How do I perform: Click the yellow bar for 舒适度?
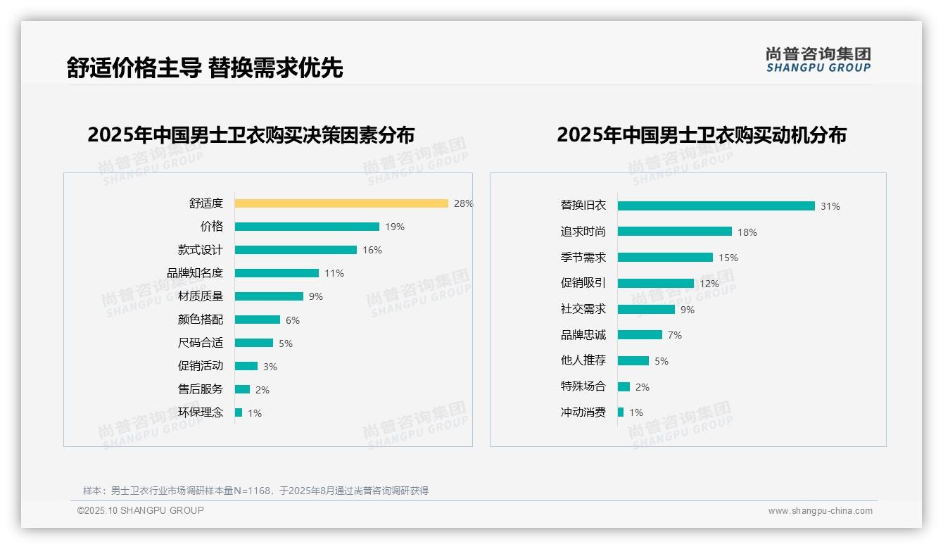(x=341, y=203)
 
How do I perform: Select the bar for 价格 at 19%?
(x=307, y=227)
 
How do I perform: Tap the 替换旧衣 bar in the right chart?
(x=716, y=206)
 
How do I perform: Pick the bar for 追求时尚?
(x=675, y=232)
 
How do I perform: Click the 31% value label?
(x=830, y=206)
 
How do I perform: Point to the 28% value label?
(x=463, y=203)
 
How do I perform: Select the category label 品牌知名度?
(x=195, y=273)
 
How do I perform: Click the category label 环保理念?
(x=201, y=412)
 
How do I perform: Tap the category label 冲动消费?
(x=583, y=412)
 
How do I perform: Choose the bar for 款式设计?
(x=296, y=250)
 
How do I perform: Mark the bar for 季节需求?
(x=665, y=258)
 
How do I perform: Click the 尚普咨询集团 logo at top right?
(x=818, y=59)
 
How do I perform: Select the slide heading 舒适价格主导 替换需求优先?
(x=205, y=68)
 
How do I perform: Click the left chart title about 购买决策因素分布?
(x=251, y=134)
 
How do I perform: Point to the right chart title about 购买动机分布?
(x=702, y=134)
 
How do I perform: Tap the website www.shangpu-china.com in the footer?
(x=820, y=511)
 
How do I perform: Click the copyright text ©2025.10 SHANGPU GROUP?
(x=141, y=510)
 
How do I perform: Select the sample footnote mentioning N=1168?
(x=255, y=491)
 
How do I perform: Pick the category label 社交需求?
(x=583, y=309)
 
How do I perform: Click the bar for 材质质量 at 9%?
(x=269, y=296)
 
